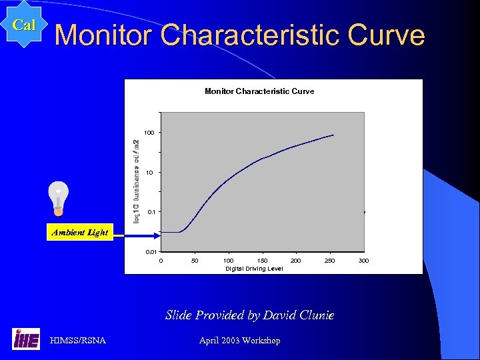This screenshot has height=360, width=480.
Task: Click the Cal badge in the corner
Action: coord(24,25)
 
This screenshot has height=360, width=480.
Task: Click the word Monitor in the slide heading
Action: coord(103,35)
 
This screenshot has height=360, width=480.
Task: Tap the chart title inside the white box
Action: coord(259,91)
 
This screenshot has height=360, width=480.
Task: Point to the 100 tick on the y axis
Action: coord(149,133)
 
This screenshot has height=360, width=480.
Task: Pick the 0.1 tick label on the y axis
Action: coord(151,213)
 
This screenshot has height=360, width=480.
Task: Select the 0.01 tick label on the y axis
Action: coord(152,252)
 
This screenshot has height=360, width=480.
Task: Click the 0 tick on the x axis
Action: coord(161,260)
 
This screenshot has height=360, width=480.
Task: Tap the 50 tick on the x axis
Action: coord(195,260)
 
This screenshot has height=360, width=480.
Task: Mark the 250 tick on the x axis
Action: coord(330,260)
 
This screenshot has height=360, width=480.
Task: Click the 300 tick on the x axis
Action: coord(363,260)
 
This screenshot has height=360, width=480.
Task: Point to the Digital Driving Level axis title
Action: coord(254,269)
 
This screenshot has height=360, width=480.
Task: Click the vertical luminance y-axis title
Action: coord(137,181)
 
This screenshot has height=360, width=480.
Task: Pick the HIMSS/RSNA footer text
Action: coord(77,341)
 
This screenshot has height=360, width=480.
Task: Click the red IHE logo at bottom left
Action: coord(26,339)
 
